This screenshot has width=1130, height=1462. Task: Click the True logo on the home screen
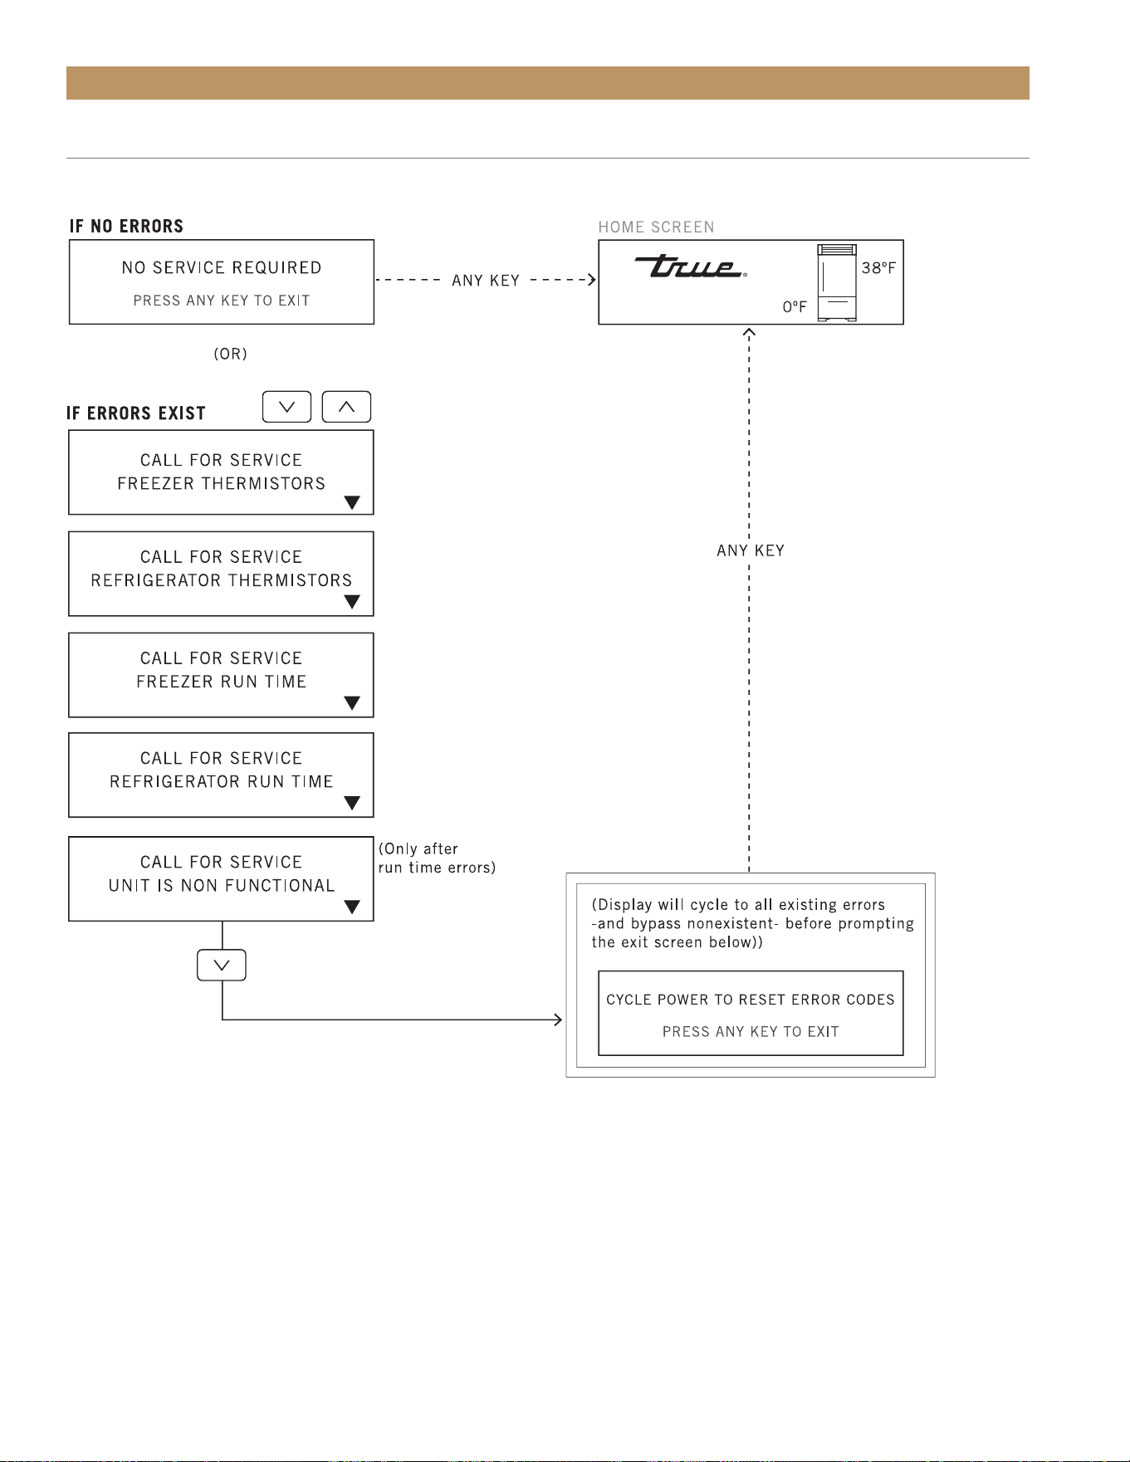690,266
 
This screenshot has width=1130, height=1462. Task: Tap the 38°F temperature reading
878,267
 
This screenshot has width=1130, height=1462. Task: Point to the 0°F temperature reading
795,307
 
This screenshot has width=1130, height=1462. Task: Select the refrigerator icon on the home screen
837,282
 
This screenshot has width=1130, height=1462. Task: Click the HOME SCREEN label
656,227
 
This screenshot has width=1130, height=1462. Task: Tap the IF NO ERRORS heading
126,226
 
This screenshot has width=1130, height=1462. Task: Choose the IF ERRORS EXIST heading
136,413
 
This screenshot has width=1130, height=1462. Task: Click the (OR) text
231,354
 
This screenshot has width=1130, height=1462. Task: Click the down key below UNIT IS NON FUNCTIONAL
222,965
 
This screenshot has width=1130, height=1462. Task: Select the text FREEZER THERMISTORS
222,483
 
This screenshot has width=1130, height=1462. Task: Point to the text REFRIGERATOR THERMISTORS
222,580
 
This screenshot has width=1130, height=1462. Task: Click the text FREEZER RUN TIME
222,682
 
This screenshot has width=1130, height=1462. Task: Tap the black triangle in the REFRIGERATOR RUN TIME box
352,803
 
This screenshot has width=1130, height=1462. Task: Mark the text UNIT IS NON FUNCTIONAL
222,886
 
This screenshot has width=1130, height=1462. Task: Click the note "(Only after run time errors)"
437,858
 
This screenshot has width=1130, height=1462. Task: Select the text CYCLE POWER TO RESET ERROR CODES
751,1000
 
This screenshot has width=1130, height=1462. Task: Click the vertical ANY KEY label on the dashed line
751,550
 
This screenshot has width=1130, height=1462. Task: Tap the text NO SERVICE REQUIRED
222,268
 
